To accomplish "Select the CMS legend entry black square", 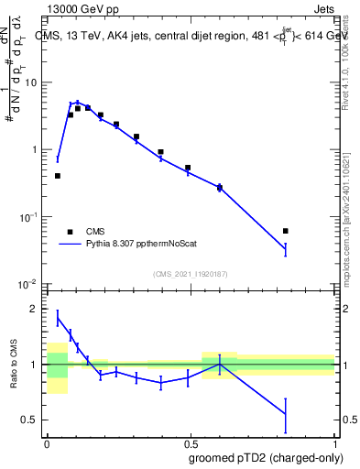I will tap(70, 232).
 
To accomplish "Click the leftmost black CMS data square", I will tap(58, 176).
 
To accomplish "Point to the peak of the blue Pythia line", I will tap(78, 103).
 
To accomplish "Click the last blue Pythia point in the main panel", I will tap(286, 248).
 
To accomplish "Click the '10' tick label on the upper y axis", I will tap(34, 83).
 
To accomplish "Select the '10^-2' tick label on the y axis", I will tap(30, 285).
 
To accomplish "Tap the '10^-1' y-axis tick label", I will tap(30, 217).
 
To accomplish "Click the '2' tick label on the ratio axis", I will tap(37, 309).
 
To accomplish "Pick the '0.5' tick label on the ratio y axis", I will tap(32, 420).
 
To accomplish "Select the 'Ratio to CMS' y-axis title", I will tap(15, 376).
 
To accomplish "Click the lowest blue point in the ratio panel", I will tap(286, 414).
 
